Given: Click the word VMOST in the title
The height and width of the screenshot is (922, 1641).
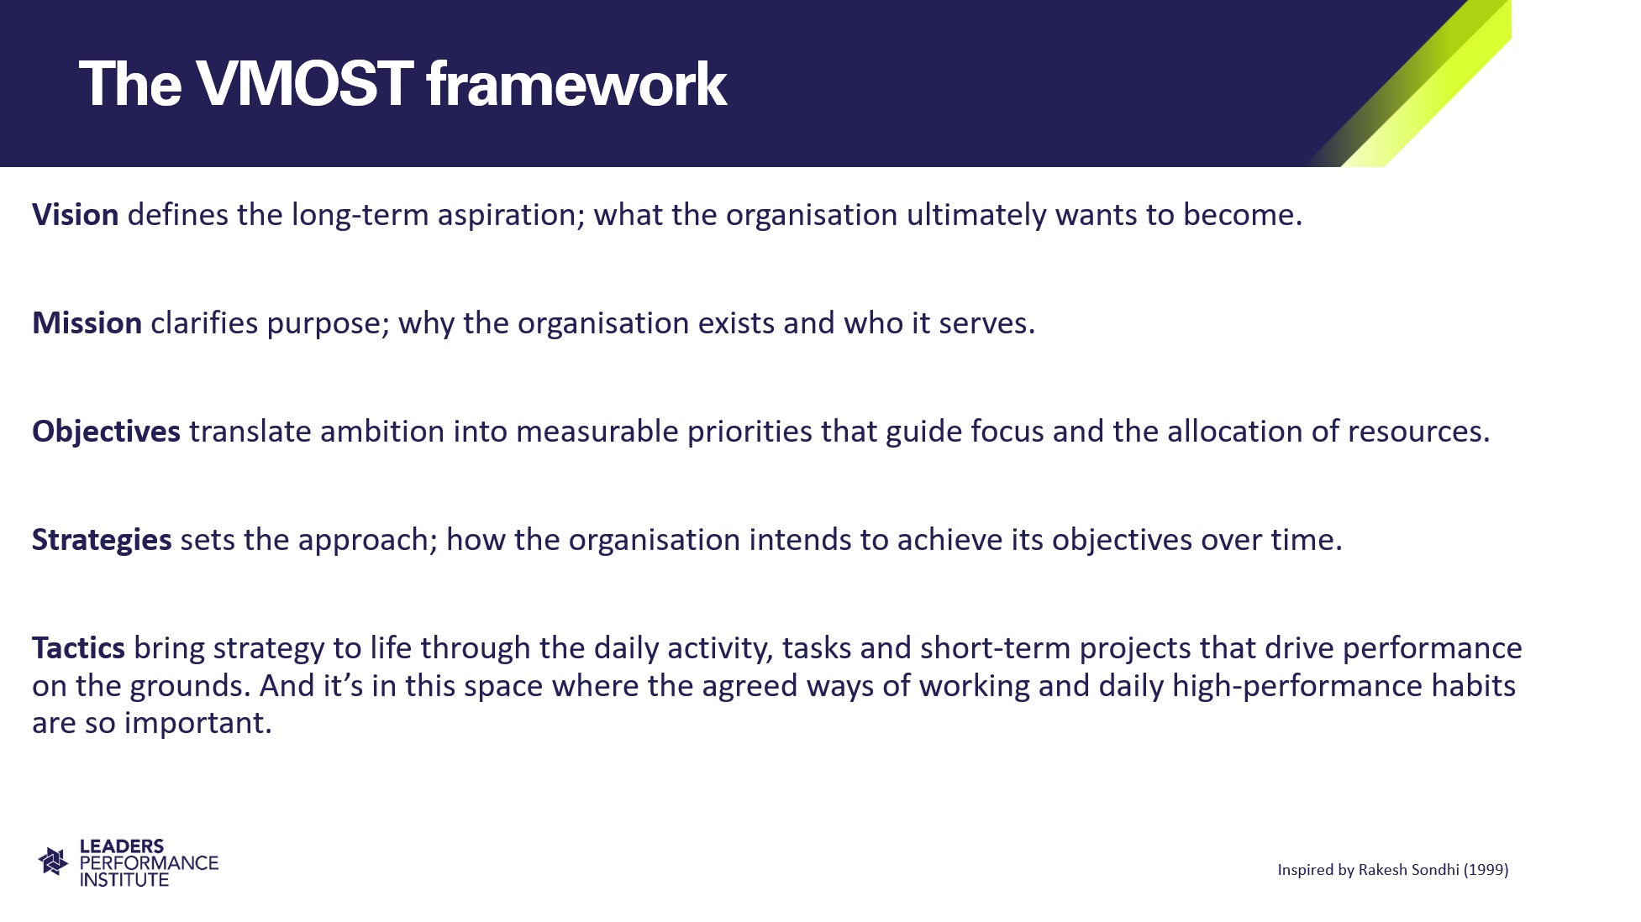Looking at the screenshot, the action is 303,84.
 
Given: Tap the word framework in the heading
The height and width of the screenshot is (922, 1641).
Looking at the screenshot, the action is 576,84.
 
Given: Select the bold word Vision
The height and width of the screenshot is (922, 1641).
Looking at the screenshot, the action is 75,215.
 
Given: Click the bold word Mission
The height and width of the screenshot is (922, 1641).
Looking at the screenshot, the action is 87,323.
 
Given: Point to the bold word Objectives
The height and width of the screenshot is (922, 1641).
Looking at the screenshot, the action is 106,432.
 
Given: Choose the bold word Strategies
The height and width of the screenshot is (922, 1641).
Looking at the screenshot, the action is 102,540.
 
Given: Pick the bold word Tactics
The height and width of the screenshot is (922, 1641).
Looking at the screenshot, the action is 78,648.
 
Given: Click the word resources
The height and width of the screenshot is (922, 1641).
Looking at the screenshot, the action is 1418,432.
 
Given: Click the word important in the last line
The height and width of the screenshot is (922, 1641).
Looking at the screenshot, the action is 197,723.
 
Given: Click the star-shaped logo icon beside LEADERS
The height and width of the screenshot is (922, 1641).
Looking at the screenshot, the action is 53,862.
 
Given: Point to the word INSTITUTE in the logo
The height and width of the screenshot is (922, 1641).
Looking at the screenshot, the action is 124,880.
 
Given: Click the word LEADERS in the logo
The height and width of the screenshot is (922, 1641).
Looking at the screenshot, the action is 122,846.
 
